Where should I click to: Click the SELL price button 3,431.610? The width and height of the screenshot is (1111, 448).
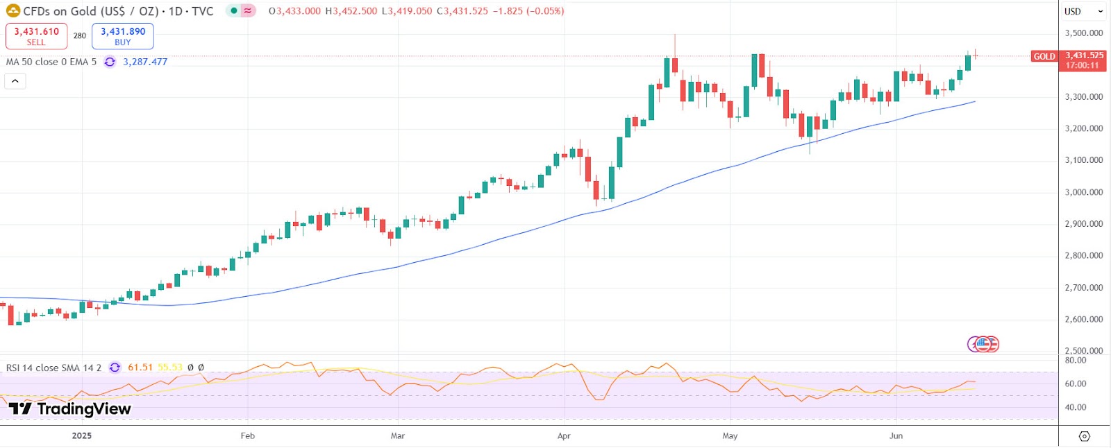click(x=37, y=36)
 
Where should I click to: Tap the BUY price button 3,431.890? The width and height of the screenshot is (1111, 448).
click(x=123, y=36)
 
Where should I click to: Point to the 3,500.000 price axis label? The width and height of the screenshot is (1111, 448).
click(x=1083, y=33)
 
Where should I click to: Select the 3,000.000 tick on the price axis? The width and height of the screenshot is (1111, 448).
click(x=1083, y=192)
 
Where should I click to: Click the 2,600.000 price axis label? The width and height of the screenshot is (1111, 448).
click(x=1083, y=319)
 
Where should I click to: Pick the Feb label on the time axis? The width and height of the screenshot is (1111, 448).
click(x=248, y=436)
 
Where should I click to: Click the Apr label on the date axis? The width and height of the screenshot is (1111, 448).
click(x=564, y=436)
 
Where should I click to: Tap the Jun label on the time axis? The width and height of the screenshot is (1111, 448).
click(x=896, y=436)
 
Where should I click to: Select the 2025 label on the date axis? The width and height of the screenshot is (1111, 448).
click(x=82, y=436)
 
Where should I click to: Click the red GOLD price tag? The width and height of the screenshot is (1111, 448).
click(x=1044, y=56)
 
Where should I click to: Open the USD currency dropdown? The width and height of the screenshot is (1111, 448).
click(x=1083, y=11)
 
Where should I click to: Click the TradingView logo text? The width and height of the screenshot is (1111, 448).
click(x=70, y=409)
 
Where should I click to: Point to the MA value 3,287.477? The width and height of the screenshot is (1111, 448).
click(x=145, y=62)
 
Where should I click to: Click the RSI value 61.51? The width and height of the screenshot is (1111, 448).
click(x=140, y=368)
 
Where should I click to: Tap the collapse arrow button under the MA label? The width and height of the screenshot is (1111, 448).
click(x=15, y=81)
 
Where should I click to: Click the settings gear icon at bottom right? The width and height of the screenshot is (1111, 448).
click(x=1085, y=436)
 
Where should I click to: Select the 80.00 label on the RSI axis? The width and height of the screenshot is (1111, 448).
click(x=1076, y=361)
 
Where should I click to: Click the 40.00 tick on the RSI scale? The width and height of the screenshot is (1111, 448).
click(x=1076, y=407)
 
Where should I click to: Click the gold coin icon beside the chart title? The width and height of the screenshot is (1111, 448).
click(x=13, y=11)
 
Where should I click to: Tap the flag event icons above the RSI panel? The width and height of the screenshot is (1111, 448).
click(x=983, y=344)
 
